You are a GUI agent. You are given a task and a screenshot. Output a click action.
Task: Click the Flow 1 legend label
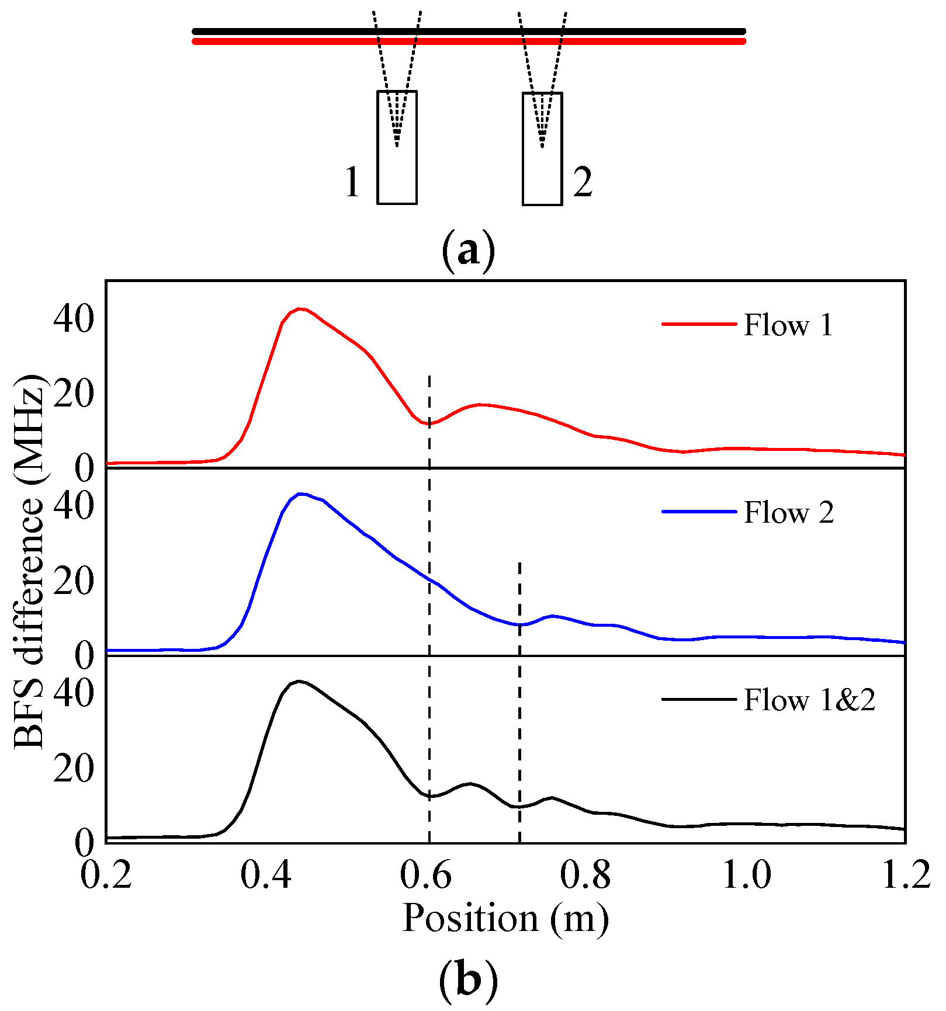(x=788, y=325)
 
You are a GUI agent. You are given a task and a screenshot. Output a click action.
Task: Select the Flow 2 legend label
(x=789, y=513)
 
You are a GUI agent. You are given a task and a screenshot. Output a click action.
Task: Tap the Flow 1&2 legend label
(x=809, y=700)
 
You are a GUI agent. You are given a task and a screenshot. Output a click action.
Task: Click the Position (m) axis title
(x=505, y=919)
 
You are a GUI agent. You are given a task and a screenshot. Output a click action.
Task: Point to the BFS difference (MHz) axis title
(x=29, y=561)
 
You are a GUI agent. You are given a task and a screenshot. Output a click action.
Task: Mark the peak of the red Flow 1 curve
(x=300, y=308)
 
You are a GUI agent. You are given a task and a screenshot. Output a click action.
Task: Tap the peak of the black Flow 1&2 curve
(x=299, y=681)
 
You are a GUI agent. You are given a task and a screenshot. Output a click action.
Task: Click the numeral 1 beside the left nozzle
(x=352, y=182)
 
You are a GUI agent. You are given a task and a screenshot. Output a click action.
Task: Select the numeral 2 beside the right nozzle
(x=583, y=182)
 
